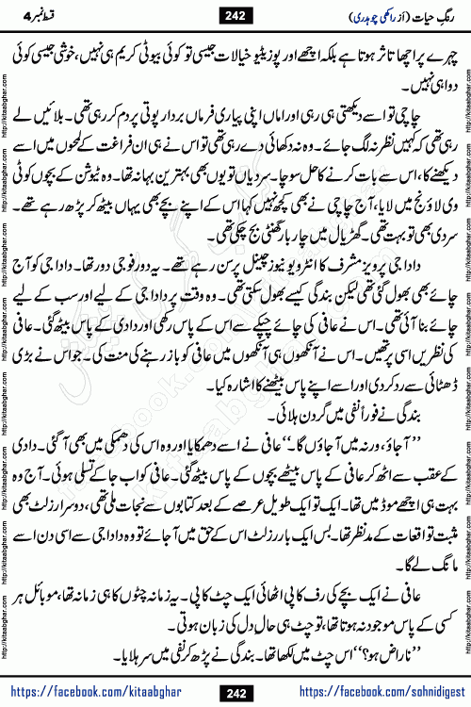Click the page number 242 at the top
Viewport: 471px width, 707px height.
coord(235,12)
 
